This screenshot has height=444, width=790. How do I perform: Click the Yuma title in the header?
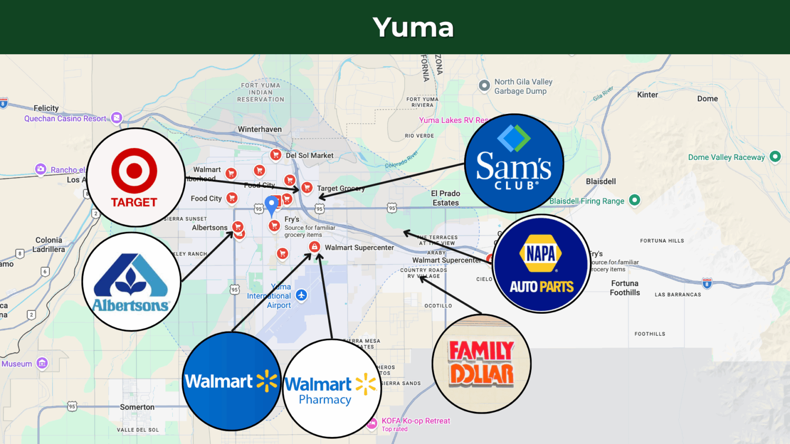click(413, 27)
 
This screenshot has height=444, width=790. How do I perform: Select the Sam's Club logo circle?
click(514, 163)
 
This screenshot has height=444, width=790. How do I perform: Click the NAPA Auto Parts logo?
click(542, 264)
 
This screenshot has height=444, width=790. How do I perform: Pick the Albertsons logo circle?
click(131, 282)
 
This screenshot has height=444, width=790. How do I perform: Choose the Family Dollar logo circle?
click(481, 364)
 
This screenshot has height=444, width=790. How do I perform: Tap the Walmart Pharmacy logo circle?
click(332, 388)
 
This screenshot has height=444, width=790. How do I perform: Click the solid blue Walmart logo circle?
click(232, 381)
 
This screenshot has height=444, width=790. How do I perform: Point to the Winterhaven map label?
click(260, 129)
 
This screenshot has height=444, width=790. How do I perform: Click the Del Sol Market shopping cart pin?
click(276, 154)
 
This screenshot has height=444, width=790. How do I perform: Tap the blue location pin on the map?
click(272, 204)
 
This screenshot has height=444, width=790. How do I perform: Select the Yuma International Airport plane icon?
click(301, 295)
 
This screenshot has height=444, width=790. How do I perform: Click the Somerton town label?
click(137, 407)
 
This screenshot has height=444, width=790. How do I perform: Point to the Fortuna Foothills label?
click(625, 288)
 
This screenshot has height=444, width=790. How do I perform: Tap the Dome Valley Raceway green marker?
click(775, 156)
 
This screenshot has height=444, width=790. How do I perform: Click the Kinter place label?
click(647, 95)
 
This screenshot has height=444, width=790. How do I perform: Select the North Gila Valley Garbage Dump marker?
click(484, 85)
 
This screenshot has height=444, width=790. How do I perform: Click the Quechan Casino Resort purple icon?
click(117, 117)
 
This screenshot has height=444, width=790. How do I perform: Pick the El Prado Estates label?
click(445, 198)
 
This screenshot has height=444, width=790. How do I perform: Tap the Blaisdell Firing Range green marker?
click(634, 200)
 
